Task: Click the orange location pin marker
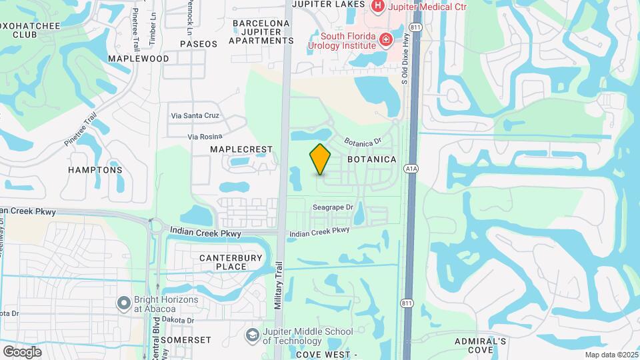[320, 159]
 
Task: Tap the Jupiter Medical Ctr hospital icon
[378, 6]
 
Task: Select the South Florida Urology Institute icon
[385, 41]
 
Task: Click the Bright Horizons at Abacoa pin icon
[123, 304]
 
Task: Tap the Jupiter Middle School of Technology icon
[253, 334]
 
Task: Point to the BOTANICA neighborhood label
[372, 160]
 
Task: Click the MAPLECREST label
[241, 149]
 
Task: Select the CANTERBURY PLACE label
[223, 261]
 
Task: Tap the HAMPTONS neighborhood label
[95, 170]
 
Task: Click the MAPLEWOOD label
[139, 59]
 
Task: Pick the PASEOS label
[199, 44]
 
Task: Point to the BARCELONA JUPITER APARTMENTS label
[261, 32]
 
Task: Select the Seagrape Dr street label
[333, 207]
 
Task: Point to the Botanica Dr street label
[362, 141]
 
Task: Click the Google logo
[22, 352]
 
